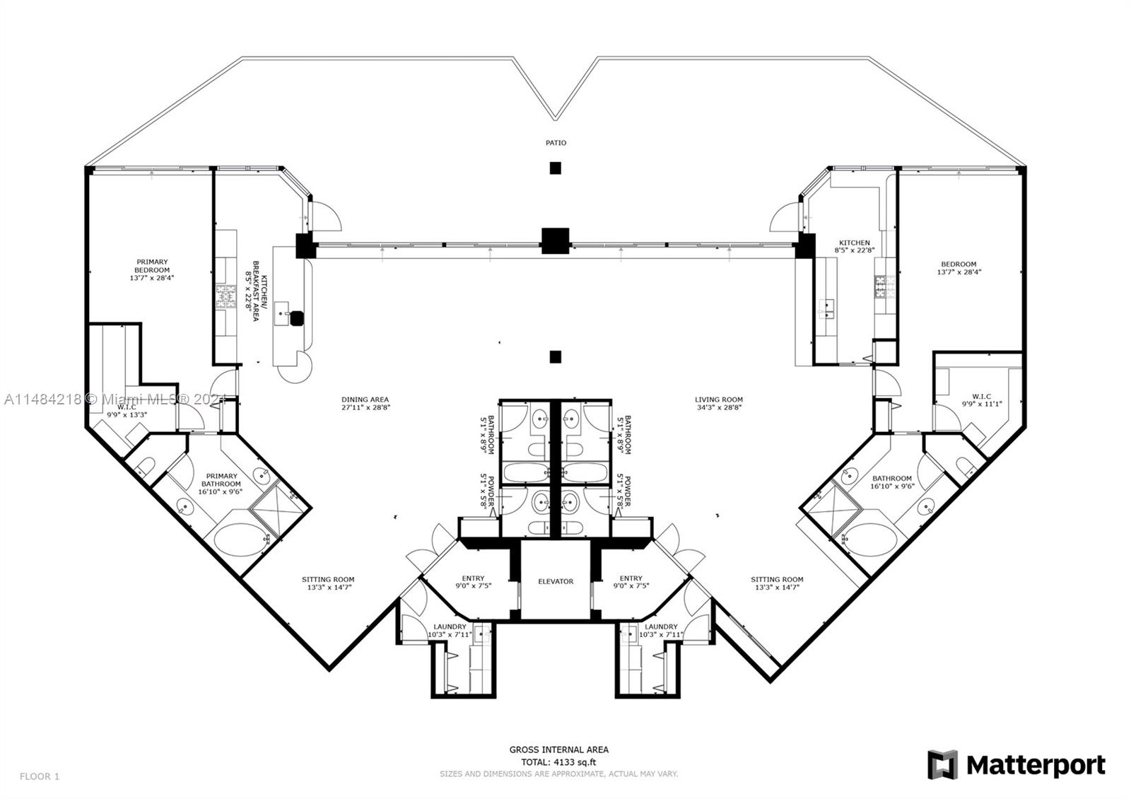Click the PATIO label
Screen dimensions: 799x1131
click(x=556, y=143)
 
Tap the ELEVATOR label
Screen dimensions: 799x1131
click(x=556, y=581)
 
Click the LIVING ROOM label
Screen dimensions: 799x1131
click(x=718, y=399)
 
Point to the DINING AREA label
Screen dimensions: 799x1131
click(x=365, y=399)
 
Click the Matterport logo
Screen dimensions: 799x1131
click(x=1016, y=765)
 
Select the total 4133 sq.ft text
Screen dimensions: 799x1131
click(x=558, y=762)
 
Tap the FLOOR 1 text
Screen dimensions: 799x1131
click(x=39, y=776)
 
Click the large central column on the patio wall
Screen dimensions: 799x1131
click(x=556, y=240)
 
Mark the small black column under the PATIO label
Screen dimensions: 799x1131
click(x=556, y=168)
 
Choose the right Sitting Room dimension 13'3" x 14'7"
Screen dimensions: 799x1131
click(x=777, y=588)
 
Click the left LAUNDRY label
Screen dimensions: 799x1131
click(x=450, y=626)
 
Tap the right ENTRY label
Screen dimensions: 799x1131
click(x=631, y=578)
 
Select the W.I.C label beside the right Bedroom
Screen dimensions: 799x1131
click(x=982, y=396)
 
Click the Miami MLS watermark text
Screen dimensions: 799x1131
click(x=113, y=399)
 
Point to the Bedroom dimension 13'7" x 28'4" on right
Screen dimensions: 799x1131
click(x=959, y=272)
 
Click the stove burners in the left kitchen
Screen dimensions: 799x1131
click(x=225, y=296)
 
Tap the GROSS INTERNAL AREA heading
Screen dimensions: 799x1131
click(x=558, y=750)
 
